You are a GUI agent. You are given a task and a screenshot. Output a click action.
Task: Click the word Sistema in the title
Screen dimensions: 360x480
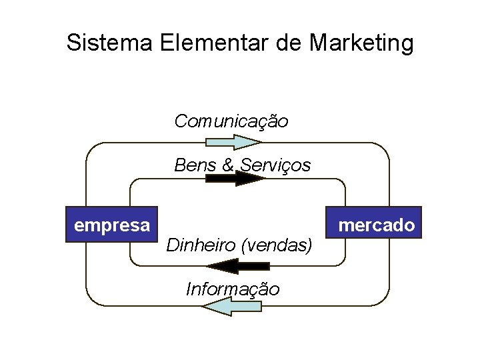[110, 43]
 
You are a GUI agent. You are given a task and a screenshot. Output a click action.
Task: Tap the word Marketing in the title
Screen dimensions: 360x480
[361, 43]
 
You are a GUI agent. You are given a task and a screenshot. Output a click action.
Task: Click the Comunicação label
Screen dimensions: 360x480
[231, 121]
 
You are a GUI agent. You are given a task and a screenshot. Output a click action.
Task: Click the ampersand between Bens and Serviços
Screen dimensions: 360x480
[227, 165]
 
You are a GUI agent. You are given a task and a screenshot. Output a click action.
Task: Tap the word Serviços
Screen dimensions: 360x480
[275, 165]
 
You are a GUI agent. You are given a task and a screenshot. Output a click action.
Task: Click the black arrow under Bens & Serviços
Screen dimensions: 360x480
[233, 178]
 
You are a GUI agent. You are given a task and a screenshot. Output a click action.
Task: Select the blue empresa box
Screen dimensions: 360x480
[111, 225]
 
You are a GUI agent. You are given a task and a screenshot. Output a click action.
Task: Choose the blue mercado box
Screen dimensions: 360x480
[376, 225]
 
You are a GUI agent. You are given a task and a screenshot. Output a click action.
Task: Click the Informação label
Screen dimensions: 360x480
[233, 289]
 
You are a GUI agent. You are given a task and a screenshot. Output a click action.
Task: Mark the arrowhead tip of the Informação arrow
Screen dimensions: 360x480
[203, 306]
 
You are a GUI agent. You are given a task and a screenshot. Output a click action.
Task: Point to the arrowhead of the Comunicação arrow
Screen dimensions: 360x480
[257, 141]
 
